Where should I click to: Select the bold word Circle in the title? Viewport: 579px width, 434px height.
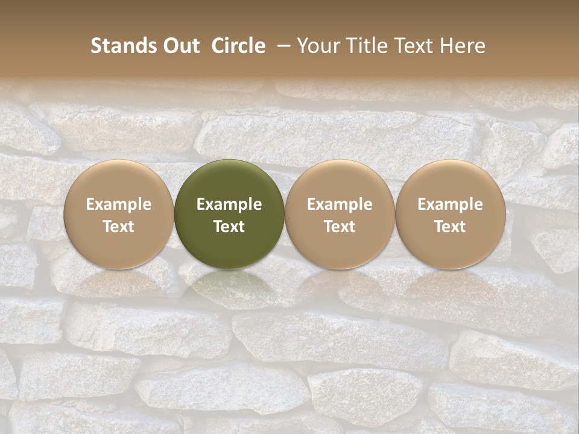pyautogui.click(x=238, y=46)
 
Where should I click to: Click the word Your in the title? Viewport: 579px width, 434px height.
pyautogui.click(x=317, y=46)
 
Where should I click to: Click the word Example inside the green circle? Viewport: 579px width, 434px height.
pyautogui.click(x=229, y=204)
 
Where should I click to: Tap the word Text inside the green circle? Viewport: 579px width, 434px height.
pyautogui.click(x=229, y=227)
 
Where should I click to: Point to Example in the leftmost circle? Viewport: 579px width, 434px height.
pyautogui.click(x=118, y=204)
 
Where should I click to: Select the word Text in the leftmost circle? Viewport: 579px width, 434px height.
pyautogui.click(x=118, y=227)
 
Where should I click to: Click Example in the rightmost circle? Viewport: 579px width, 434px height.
pyautogui.click(x=451, y=204)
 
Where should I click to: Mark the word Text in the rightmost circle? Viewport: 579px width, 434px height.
pyautogui.click(x=451, y=227)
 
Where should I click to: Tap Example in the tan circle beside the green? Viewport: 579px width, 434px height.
pyautogui.click(x=340, y=204)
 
